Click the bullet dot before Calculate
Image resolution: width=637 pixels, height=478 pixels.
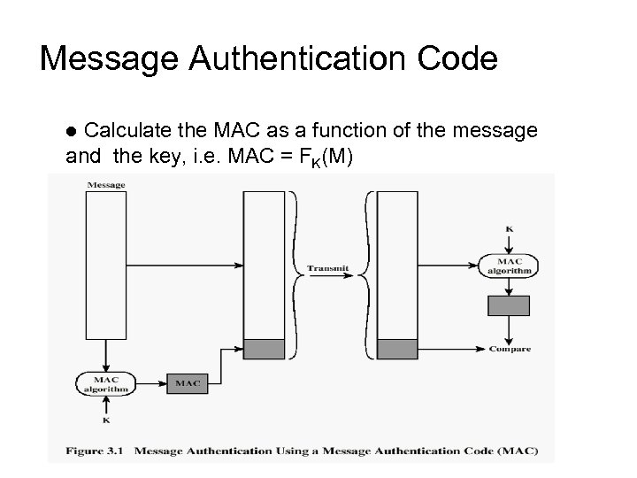(x=73, y=132)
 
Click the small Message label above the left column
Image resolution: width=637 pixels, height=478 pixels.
(x=106, y=185)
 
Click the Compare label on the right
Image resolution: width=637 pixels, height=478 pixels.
(x=510, y=349)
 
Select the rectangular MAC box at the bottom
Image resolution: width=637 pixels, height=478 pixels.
(x=187, y=383)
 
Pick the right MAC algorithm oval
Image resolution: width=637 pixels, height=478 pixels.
(x=509, y=266)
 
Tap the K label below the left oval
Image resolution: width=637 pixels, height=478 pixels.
(x=106, y=421)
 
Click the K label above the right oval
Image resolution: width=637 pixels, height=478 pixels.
(x=509, y=229)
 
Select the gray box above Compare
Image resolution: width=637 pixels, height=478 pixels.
(x=509, y=305)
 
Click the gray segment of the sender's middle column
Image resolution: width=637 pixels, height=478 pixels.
(x=264, y=349)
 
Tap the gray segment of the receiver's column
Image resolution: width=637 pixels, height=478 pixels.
(x=397, y=349)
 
